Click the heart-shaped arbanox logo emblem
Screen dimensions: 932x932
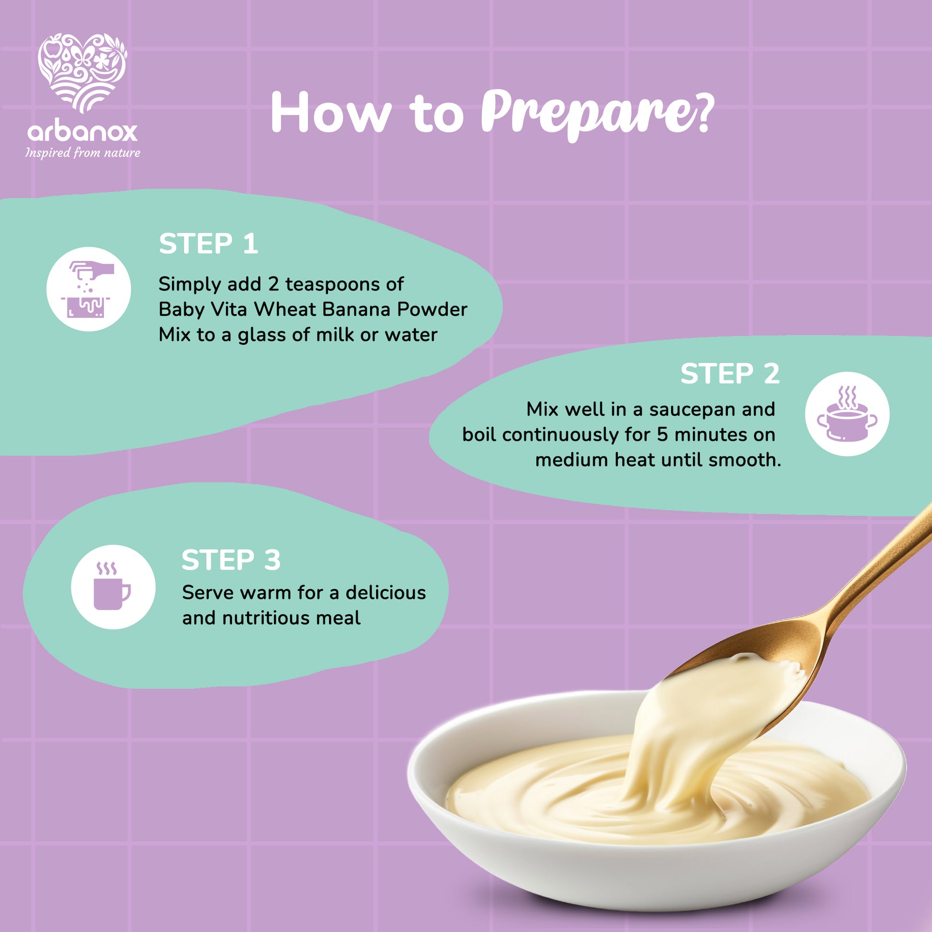[82, 72]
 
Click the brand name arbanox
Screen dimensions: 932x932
[82, 131]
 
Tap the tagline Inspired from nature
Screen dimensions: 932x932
[82, 153]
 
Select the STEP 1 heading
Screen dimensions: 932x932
[208, 244]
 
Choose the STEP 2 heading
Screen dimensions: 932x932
[730, 374]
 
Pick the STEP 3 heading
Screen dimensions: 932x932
[231, 560]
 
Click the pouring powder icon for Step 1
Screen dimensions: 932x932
[88, 289]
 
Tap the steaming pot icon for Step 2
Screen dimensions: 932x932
[847, 414]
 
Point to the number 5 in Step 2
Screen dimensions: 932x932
[662, 435]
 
